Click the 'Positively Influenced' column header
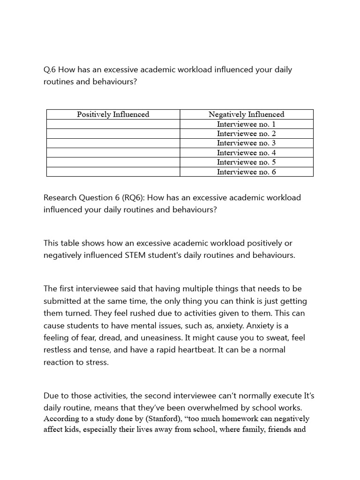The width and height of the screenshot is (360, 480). [x=113, y=114]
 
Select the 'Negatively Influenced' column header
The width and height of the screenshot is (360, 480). [x=246, y=114]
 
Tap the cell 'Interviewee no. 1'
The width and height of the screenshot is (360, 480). [x=246, y=124]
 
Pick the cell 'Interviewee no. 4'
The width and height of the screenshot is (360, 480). [x=246, y=153]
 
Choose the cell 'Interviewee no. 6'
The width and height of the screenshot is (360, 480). [x=246, y=172]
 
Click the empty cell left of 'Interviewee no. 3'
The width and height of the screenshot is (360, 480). [x=113, y=143]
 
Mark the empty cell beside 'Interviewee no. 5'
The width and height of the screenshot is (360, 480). [x=113, y=162]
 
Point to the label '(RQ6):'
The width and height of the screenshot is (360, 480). [x=133, y=197]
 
